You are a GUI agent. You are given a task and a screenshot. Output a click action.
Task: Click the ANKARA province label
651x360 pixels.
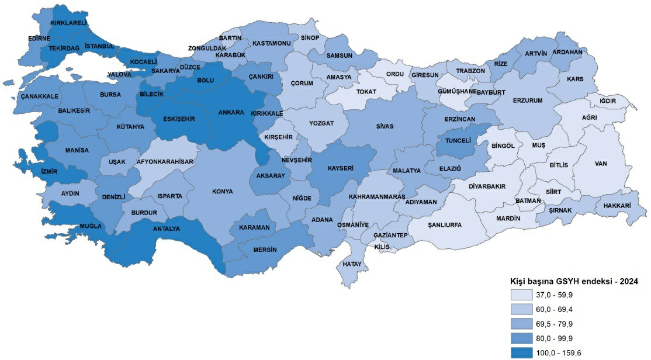pyautogui.click(x=231, y=112)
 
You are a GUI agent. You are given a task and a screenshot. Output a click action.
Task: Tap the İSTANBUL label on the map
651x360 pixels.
pyautogui.click(x=99, y=46)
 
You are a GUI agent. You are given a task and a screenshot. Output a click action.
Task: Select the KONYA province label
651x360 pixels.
pyautogui.click(x=223, y=191)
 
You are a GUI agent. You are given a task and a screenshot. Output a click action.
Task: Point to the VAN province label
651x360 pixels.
pyautogui.click(x=601, y=164)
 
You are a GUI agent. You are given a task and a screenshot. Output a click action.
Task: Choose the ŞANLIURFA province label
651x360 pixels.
pyautogui.click(x=445, y=225)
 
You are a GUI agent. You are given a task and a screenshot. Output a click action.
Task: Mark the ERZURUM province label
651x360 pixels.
pyautogui.click(x=528, y=101)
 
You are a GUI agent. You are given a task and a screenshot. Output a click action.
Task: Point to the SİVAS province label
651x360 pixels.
pyautogui.click(x=385, y=126)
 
